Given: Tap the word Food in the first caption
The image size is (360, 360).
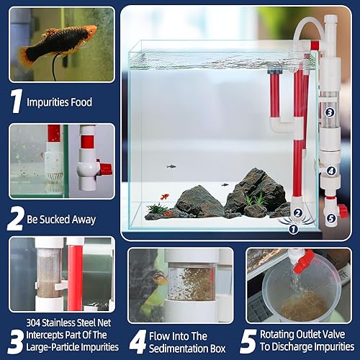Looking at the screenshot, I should click(80, 102).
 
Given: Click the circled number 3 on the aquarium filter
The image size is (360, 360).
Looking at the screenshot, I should click(328, 112).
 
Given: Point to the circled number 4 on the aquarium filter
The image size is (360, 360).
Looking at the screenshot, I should click(330, 171).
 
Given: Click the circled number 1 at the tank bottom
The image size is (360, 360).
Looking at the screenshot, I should click(292, 230).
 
